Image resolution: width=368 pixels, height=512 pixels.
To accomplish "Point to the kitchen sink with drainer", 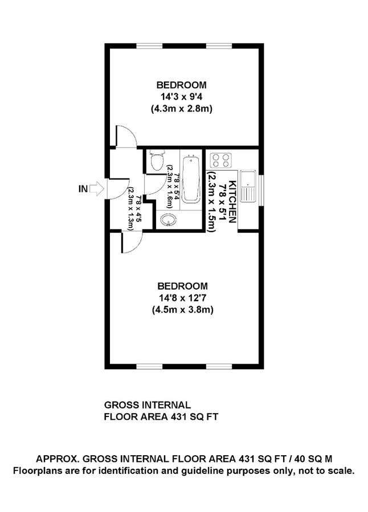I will [x=249, y=185].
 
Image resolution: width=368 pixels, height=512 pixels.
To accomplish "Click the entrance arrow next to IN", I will [x=97, y=188].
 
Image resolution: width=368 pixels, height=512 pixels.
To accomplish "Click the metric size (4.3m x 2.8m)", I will [x=182, y=109].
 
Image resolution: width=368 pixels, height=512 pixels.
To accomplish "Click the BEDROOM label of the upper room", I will [x=182, y=85].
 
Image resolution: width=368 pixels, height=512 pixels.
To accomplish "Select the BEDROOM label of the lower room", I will [x=182, y=286].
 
